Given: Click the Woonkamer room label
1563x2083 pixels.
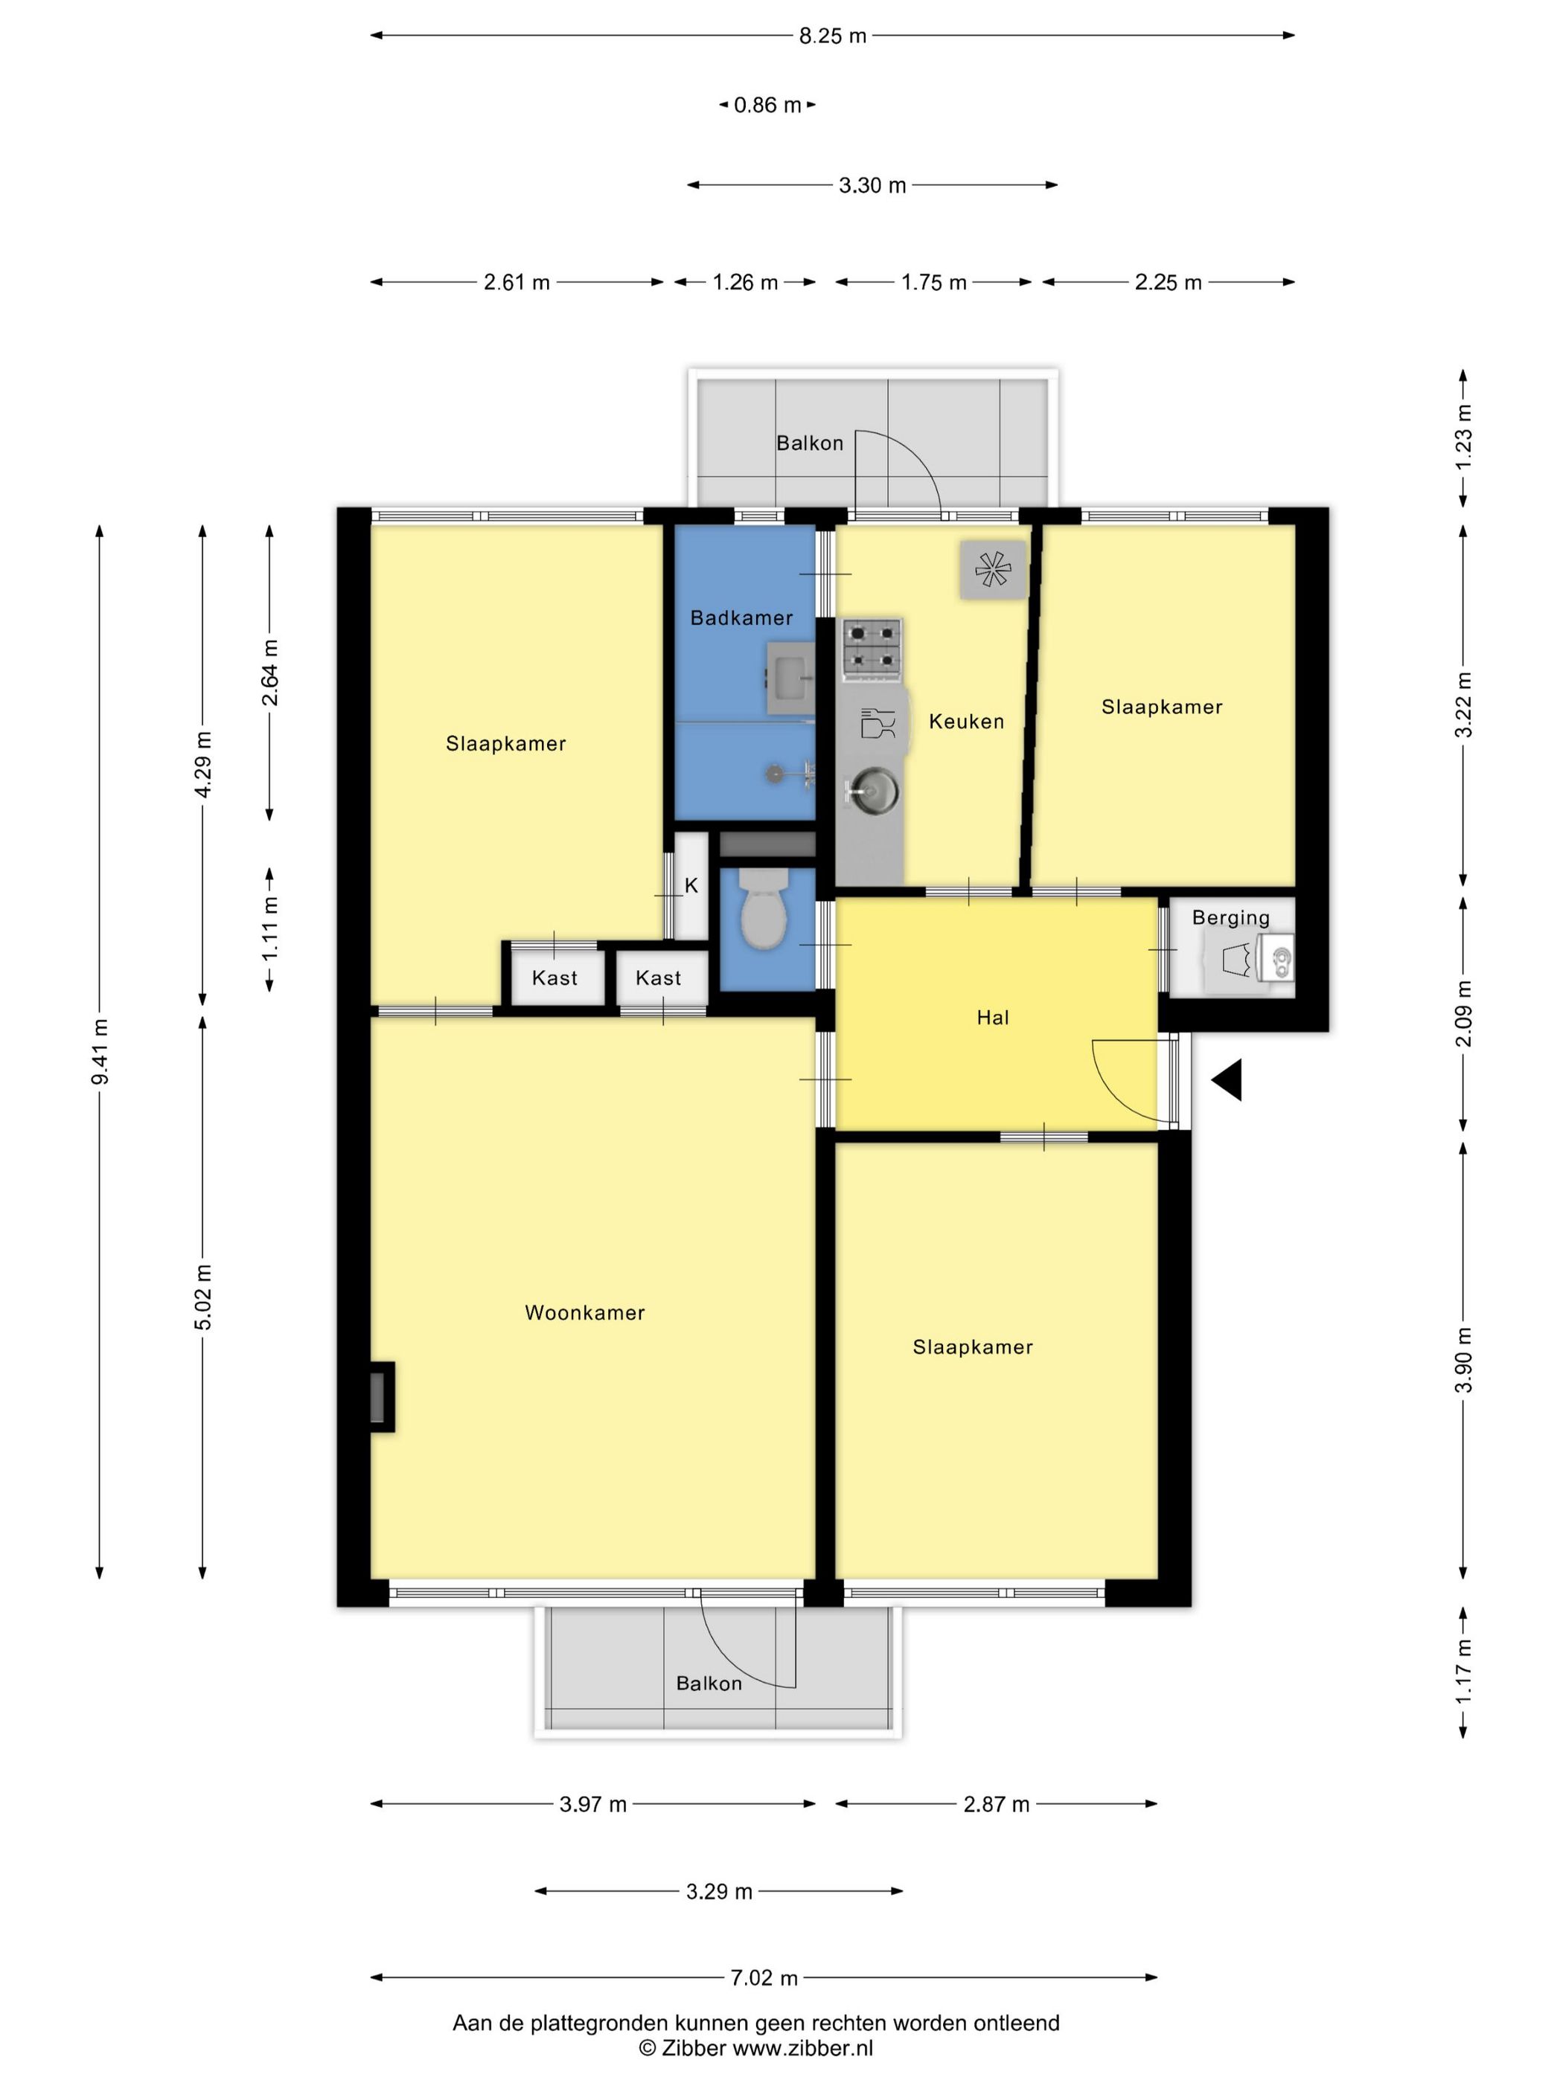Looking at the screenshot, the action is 584,1313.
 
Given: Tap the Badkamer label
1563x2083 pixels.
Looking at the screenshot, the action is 741,617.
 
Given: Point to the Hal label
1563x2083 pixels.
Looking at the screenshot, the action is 992,1017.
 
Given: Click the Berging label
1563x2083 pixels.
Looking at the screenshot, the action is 1230,917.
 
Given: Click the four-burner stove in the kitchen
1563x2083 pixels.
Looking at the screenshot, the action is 872,649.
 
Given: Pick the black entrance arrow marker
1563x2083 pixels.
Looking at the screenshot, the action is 1227,1080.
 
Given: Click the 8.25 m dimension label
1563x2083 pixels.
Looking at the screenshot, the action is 832,36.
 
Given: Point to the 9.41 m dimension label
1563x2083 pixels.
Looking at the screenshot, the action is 100,1052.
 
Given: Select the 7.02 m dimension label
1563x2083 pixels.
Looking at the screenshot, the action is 764,1977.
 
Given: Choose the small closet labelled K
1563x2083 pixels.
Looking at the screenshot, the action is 691,886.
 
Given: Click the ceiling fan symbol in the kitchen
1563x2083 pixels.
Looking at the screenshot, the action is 992,570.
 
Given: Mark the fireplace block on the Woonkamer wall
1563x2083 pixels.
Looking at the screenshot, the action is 380,1397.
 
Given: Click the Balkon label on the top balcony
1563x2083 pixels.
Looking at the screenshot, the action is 809,443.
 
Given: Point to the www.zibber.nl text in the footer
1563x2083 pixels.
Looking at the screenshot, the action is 802,2047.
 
